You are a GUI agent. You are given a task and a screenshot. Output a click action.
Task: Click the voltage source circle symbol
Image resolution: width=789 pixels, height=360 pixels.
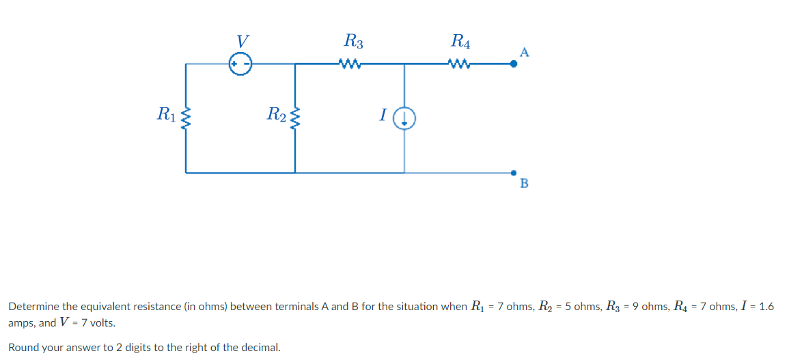240,64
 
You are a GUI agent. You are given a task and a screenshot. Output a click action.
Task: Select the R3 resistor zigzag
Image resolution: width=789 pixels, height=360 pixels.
349,65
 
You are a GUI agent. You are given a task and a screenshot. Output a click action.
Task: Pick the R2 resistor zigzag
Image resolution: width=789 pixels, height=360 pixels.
295,119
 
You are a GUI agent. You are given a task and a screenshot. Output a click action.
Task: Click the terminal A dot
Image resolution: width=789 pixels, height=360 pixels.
514,64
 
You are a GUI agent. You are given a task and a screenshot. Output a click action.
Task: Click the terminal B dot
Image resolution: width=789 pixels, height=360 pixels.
514,173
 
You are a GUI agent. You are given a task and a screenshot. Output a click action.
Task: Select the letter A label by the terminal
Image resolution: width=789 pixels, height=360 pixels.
524,52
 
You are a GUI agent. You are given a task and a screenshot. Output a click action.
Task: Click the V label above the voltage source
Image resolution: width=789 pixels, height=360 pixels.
240,41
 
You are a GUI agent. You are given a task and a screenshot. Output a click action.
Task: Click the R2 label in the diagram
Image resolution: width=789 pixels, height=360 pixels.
276,114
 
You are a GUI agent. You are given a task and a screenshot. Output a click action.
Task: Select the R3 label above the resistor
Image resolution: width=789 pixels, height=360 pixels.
353,42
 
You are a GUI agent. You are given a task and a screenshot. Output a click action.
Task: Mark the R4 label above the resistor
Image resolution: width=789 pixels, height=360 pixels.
461,42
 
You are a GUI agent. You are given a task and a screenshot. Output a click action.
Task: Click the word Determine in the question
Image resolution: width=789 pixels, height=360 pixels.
33,307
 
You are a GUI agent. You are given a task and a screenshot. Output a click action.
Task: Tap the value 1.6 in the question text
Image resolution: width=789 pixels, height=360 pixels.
766,307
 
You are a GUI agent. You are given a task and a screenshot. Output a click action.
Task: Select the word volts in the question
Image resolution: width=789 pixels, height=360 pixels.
100,323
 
